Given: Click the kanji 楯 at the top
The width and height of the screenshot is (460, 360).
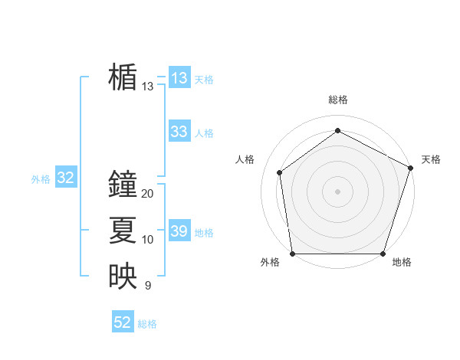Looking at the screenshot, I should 123,77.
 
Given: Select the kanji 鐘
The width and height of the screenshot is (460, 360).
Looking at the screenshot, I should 123,185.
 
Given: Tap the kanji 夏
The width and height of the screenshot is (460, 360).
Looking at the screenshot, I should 123,231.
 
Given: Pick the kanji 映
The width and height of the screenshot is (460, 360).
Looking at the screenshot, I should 123,277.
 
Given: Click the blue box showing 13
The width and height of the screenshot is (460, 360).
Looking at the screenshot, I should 179,78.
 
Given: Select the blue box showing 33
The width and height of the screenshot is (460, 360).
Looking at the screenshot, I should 179,132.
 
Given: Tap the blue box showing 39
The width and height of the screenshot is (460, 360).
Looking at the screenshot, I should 179,231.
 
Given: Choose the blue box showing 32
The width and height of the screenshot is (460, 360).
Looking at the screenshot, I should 66,178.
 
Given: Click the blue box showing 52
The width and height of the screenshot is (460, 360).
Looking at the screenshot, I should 123,322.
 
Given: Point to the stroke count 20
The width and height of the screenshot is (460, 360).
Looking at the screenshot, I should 148,194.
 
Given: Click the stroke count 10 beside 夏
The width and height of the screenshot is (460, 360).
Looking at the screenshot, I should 148,240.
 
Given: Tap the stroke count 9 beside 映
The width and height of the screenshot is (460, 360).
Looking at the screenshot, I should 147,286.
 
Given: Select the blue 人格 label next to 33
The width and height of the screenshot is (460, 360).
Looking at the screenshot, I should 204,133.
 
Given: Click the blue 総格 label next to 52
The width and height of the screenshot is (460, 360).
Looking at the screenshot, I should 147,324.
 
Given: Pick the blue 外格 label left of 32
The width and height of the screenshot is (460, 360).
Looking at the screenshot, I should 41,179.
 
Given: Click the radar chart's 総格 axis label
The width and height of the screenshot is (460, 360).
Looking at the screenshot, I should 337,100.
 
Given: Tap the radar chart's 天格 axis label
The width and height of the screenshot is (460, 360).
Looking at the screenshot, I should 431,159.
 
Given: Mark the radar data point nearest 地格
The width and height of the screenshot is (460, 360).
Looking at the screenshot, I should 382,254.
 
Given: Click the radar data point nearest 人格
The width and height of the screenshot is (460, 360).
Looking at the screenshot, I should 280,172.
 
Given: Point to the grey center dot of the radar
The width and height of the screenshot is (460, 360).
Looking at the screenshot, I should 337,191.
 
